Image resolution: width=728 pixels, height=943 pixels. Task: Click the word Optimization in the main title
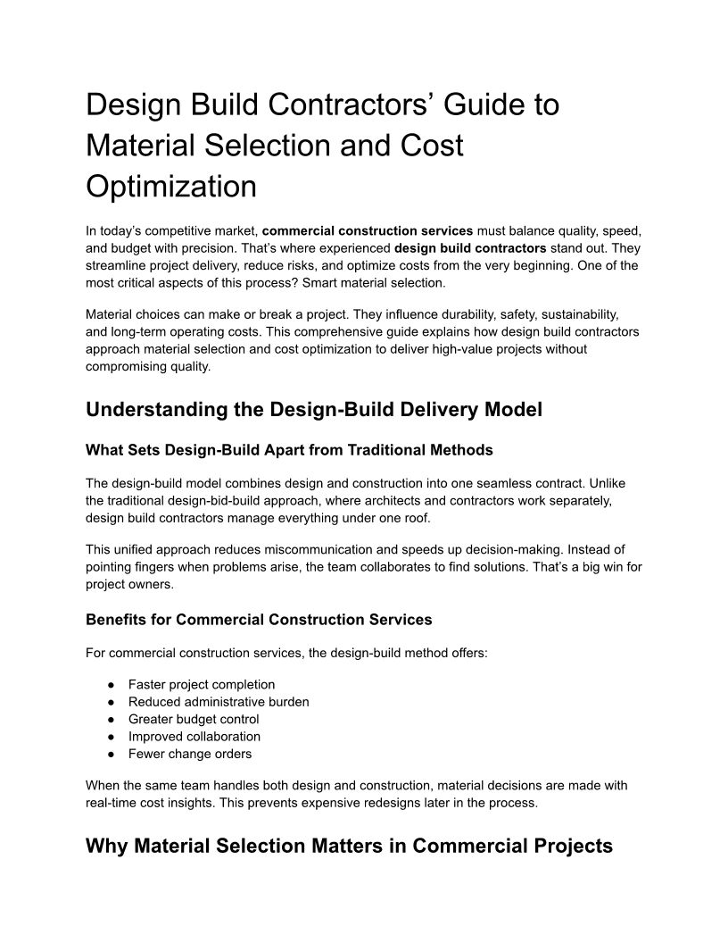[x=170, y=186]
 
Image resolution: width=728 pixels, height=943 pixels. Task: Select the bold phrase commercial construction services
[x=368, y=230]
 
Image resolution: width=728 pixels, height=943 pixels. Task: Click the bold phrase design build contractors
[x=470, y=248]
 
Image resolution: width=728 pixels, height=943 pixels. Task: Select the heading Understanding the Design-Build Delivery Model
[x=313, y=410]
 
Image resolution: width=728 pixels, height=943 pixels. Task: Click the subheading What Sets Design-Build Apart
[x=289, y=449]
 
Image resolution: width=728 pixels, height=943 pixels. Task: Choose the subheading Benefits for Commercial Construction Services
[x=259, y=619]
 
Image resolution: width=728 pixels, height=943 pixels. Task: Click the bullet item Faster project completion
[x=202, y=684]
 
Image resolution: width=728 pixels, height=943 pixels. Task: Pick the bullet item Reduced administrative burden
[x=219, y=702]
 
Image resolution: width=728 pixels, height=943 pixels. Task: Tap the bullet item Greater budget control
[x=194, y=719]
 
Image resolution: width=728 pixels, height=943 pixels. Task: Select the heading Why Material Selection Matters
[x=349, y=846]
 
